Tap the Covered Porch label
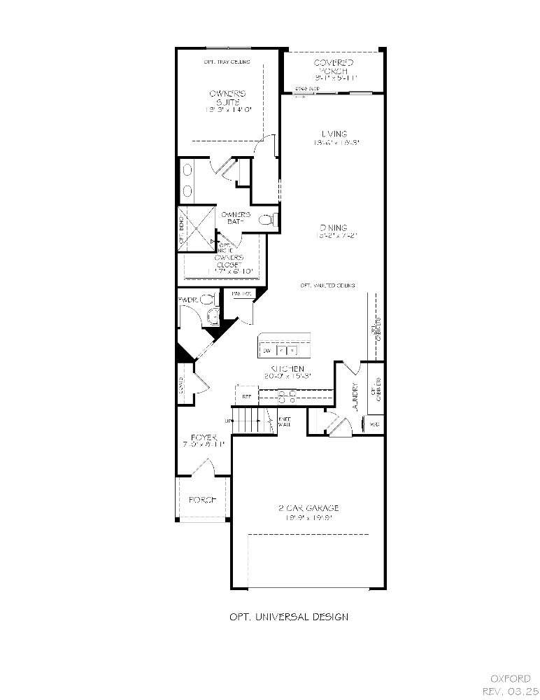[x=334, y=67]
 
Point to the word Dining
[x=334, y=227]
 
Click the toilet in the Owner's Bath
[x=267, y=220]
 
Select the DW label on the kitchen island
[x=267, y=349]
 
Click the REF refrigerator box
[x=246, y=396]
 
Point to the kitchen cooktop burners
[x=287, y=397]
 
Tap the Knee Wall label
[x=285, y=421]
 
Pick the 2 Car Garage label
[x=308, y=508]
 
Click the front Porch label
[x=203, y=500]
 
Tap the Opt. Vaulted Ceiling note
[x=327, y=286]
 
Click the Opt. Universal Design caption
[x=289, y=617]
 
